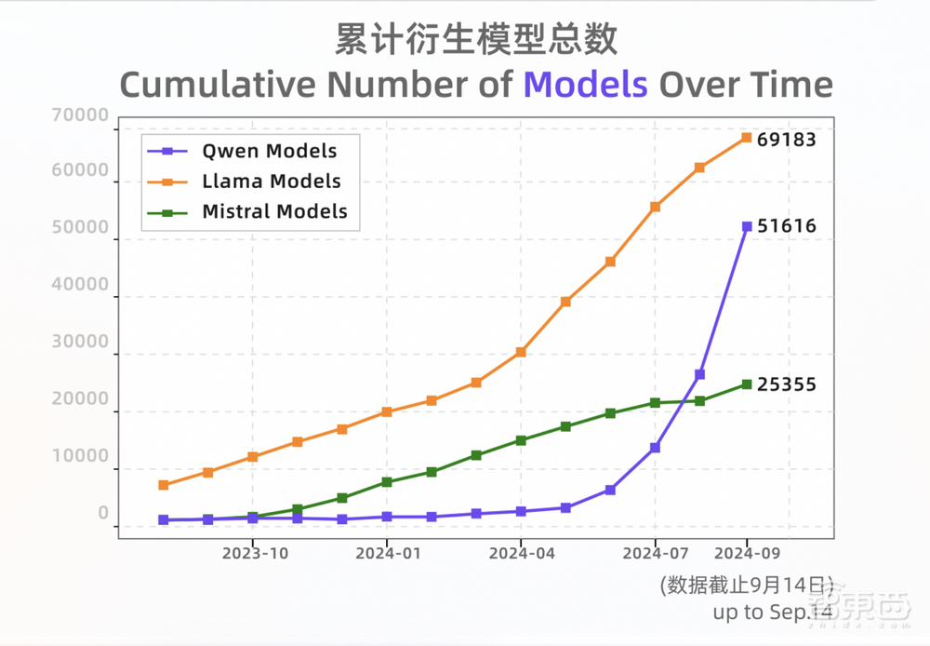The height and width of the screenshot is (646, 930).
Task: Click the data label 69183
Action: [x=786, y=141]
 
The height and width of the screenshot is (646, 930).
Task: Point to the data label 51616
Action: [x=786, y=226]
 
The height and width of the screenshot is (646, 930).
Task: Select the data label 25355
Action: [x=786, y=384]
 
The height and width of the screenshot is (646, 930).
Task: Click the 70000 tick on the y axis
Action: [x=82, y=116]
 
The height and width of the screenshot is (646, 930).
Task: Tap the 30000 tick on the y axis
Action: [x=82, y=342]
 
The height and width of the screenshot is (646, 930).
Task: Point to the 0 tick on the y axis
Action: [x=103, y=513]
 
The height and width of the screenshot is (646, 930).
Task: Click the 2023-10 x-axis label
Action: [x=254, y=553]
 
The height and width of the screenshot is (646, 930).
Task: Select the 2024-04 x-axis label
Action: [x=522, y=553]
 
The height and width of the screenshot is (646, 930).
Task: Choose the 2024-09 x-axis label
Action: [x=746, y=553]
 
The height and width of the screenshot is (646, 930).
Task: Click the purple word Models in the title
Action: [x=585, y=85]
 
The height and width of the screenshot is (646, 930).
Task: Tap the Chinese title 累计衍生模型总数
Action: [x=475, y=40]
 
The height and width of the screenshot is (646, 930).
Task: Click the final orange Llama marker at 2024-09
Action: [x=746, y=138]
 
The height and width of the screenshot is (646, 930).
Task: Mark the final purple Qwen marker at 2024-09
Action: [x=746, y=226]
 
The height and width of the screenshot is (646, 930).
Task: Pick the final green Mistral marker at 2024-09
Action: [x=746, y=384]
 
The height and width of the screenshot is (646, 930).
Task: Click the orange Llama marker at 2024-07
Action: [x=655, y=207]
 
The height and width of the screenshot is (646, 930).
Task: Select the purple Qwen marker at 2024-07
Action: [x=655, y=448]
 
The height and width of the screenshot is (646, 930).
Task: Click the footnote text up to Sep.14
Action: [x=772, y=612]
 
